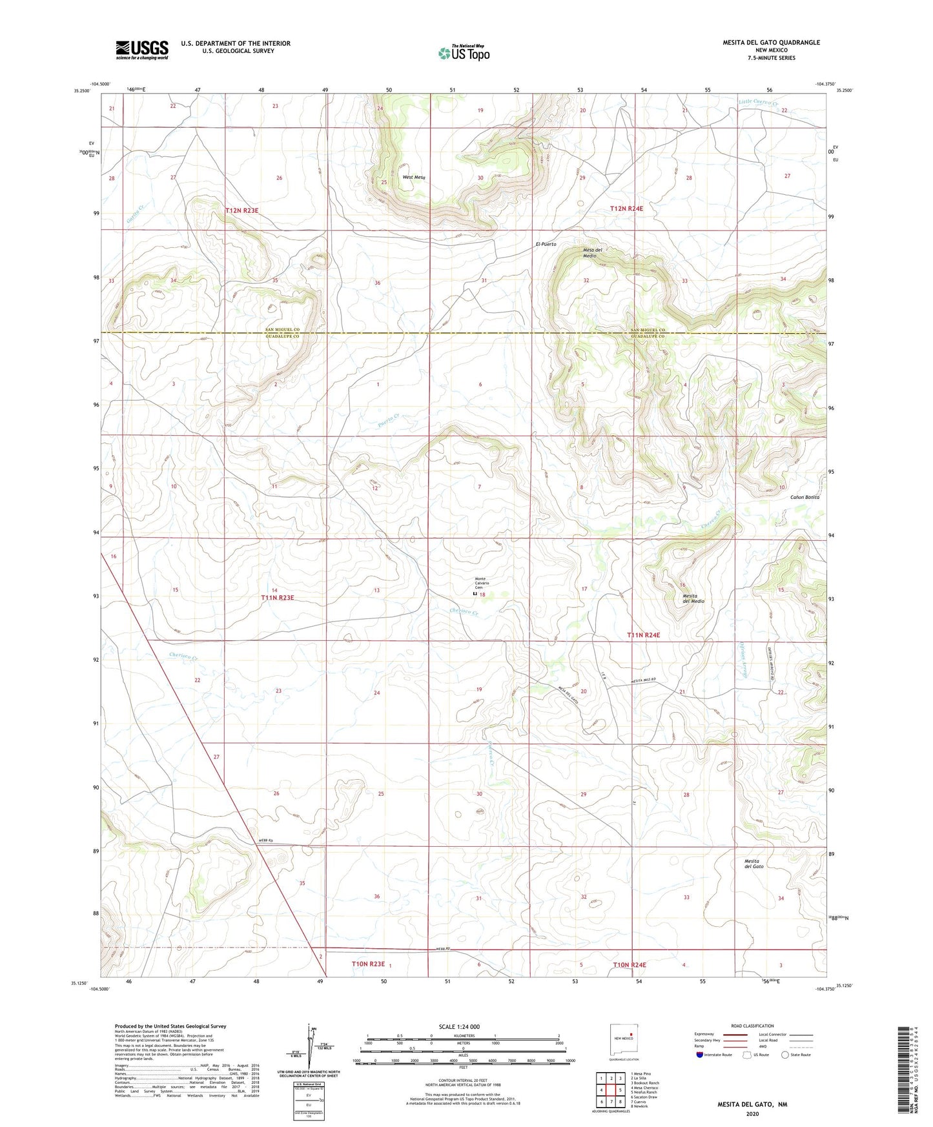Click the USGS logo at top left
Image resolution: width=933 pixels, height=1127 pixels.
pyautogui.click(x=142, y=50)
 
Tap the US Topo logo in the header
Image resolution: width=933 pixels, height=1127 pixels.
pyautogui.click(x=464, y=52)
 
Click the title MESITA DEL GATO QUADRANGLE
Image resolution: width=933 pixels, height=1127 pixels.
pyautogui.click(x=771, y=43)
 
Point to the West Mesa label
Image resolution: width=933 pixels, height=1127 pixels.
pyautogui.click(x=414, y=178)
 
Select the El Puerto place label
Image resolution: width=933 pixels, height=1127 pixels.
pyautogui.click(x=546, y=245)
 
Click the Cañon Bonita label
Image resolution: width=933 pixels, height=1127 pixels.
pyautogui.click(x=805, y=497)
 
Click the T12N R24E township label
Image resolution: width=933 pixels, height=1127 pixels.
pyautogui.click(x=627, y=208)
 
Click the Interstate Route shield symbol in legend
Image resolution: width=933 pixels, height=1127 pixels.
pyautogui.click(x=700, y=1055)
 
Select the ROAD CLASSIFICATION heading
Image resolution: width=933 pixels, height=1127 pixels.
pyautogui.click(x=752, y=1026)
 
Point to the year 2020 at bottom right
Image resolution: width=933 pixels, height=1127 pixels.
pyautogui.click(x=752, y=1113)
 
